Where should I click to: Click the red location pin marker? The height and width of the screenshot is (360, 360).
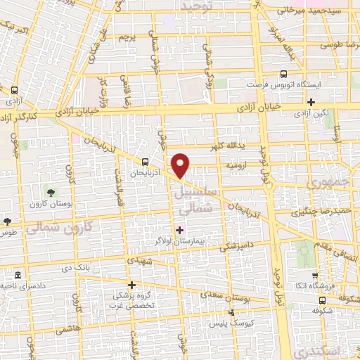181,165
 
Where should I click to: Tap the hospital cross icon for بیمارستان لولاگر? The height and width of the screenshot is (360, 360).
180,229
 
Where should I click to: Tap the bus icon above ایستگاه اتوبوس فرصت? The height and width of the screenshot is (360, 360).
284,73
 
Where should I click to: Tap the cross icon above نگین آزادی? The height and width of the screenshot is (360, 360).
311,101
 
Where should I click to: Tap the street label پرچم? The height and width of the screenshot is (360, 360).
126,36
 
